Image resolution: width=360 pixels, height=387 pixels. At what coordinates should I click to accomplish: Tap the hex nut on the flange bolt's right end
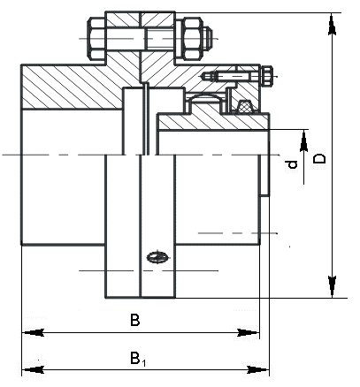pos(192,40)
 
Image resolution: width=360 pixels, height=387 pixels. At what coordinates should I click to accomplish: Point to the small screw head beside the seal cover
pos(266,77)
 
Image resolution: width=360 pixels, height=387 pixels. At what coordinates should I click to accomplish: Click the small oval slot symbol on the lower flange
pos(157,258)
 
